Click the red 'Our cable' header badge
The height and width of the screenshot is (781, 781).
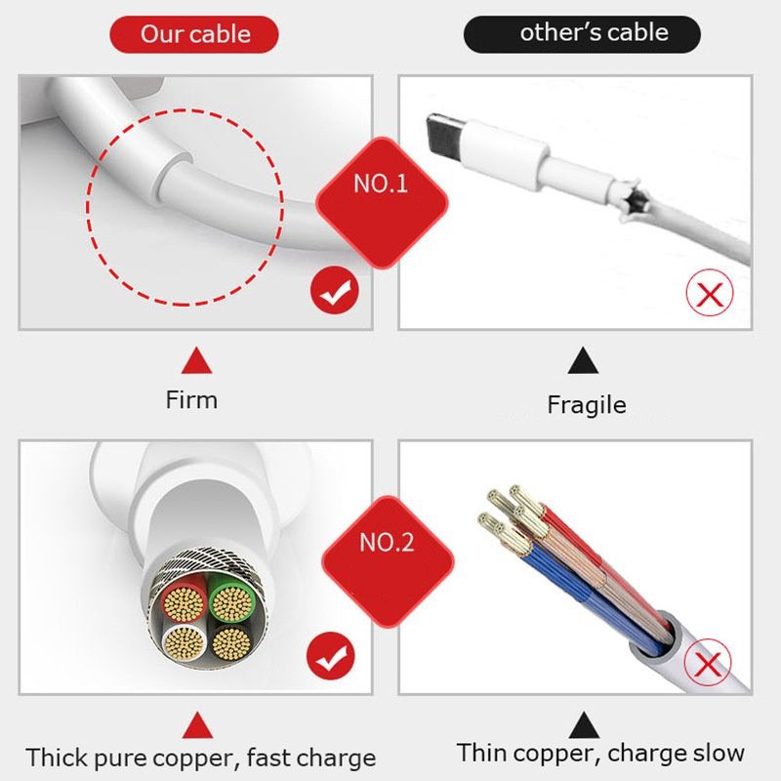pyautogui.click(x=195, y=34)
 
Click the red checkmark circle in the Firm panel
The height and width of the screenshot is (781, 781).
pyautogui.click(x=334, y=291)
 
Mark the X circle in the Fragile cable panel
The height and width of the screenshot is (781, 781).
pyautogui.click(x=710, y=292)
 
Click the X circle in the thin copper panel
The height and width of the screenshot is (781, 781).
pyautogui.click(x=708, y=666)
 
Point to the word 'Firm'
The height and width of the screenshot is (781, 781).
pyautogui.click(x=191, y=399)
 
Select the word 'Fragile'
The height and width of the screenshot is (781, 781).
pyautogui.click(x=586, y=404)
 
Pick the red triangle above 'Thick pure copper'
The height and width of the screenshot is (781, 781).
pyautogui.click(x=199, y=723)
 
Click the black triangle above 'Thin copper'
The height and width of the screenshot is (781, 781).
pyautogui.click(x=584, y=723)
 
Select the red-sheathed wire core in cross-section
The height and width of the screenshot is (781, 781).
pyautogui.click(x=182, y=602)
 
